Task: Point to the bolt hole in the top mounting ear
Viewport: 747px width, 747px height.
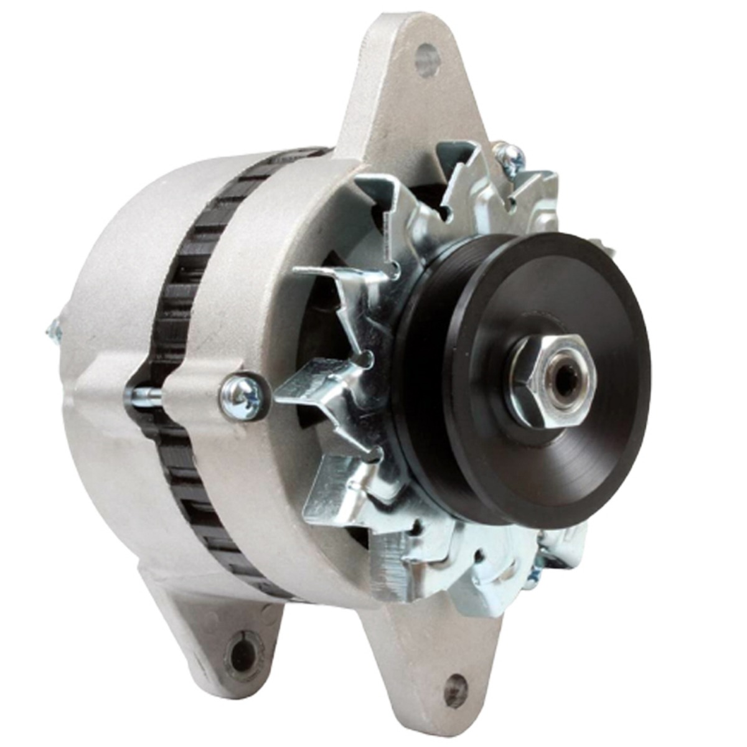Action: [x=427, y=60]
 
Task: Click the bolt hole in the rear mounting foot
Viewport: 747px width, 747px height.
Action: [x=242, y=653]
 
